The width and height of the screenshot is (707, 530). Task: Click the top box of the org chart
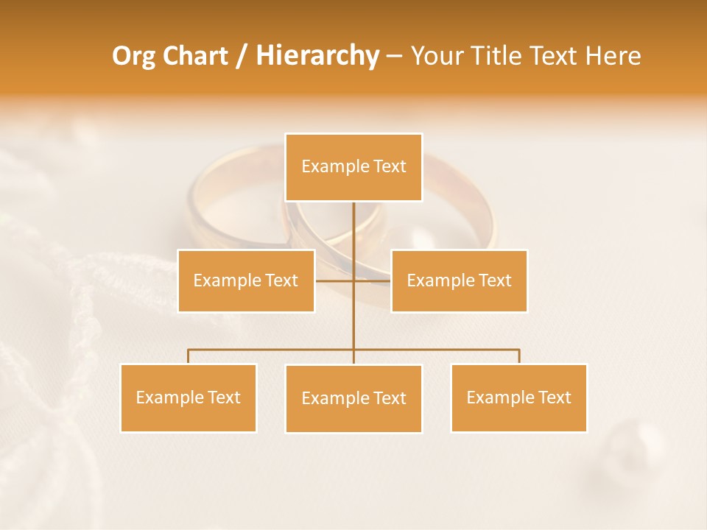[x=353, y=167]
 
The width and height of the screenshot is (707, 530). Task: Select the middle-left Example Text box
[x=246, y=280]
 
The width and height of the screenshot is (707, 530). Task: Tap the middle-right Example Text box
[x=459, y=280]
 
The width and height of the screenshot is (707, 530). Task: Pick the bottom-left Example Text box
[x=189, y=397]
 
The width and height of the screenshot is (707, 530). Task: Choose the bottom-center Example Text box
[x=353, y=398]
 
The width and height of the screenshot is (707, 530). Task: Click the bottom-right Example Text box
[x=518, y=397]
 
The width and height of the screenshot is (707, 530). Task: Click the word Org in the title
[x=133, y=56]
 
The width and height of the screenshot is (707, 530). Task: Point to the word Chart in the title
[x=194, y=56]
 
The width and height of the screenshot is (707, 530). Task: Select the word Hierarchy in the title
[x=317, y=56]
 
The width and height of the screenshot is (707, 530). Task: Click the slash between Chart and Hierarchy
[x=242, y=56]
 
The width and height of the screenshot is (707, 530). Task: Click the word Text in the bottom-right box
[x=555, y=397]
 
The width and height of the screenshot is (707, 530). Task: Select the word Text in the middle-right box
[x=495, y=280]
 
